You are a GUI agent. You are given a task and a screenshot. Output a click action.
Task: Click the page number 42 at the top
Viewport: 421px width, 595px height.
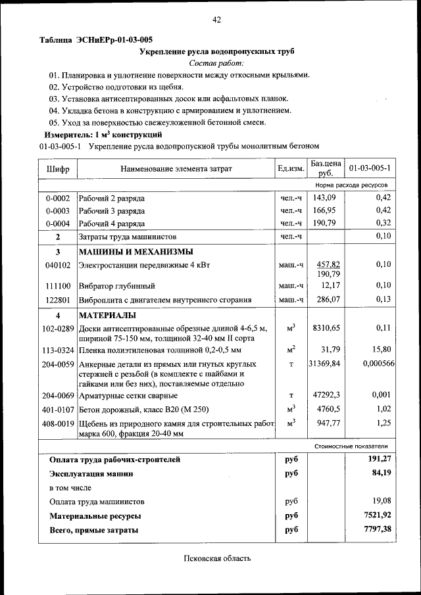click(216, 20)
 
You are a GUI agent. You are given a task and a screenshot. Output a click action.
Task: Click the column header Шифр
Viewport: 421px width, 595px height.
click(58, 169)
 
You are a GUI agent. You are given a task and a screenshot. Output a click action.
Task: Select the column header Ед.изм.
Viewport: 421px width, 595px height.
click(291, 169)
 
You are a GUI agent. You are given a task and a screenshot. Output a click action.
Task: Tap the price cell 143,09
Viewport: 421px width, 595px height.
click(324, 198)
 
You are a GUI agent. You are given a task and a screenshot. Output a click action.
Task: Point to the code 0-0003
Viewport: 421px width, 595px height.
click(58, 211)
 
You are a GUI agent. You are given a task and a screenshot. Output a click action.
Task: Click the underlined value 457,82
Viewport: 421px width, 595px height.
click(328, 264)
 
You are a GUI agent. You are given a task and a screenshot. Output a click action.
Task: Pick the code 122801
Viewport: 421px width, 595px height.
click(58, 300)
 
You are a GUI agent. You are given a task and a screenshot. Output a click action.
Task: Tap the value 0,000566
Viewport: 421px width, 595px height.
click(379, 364)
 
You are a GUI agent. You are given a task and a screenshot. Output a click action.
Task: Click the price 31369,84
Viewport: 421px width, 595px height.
click(325, 364)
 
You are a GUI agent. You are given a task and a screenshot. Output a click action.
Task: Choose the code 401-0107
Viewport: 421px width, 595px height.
click(58, 409)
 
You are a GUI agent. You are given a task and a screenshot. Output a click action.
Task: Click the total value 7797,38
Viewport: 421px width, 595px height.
click(377, 529)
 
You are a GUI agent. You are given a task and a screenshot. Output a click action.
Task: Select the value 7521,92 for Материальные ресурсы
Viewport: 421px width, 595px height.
click(377, 516)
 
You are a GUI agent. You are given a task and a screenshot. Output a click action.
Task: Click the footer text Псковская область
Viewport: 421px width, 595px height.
click(216, 559)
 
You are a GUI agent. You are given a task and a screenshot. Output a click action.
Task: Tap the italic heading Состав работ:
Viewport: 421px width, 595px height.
click(216, 63)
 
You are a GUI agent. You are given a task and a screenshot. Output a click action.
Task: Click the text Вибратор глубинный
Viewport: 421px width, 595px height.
click(117, 286)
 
